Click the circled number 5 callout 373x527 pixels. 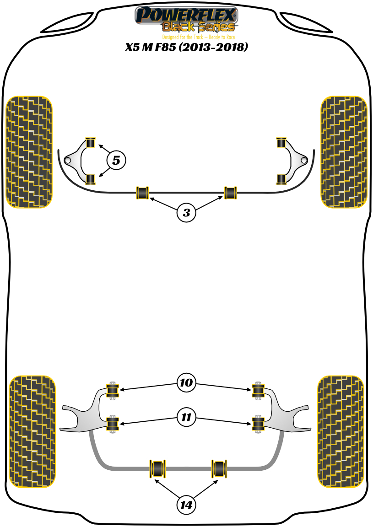(116, 160)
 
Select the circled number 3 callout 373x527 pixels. (186, 212)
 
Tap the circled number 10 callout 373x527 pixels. (186, 382)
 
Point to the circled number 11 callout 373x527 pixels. (186, 417)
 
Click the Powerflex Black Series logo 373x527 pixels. (186, 21)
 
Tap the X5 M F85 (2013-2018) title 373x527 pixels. (186, 48)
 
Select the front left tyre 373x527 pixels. (28, 152)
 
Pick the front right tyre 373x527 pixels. (344, 152)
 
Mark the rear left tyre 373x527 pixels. (32, 431)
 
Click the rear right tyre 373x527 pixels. (341, 431)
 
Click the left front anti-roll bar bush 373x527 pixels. (143, 193)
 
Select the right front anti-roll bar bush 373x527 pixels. (230, 193)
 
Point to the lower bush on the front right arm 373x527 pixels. (281, 178)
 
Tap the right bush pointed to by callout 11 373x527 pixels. (259, 424)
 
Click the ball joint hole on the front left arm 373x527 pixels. (68, 161)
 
